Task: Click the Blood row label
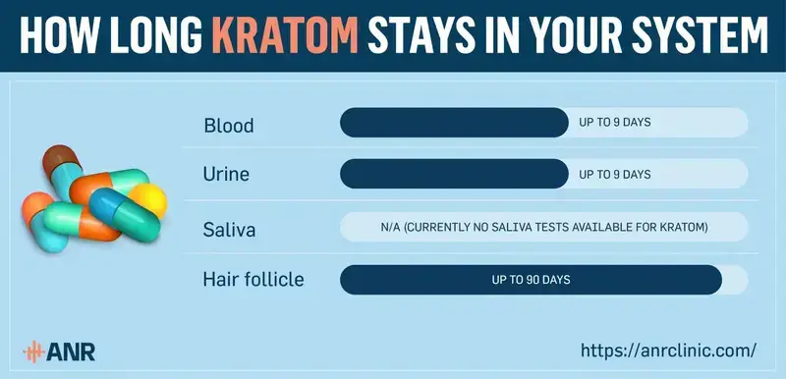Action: (228, 125)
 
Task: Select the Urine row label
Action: (226, 174)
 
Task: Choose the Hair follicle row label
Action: (253, 279)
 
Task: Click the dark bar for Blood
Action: (453, 123)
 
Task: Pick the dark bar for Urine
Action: (453, 174)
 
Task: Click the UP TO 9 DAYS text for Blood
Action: (616, 123)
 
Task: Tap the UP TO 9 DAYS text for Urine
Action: (616, 174)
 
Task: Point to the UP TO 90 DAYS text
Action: (531, 280)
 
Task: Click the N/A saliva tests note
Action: (544, 227)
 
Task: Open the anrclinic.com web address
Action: (668, 349)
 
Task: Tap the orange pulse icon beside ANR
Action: (36, 351)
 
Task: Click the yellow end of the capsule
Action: (150, 199)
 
